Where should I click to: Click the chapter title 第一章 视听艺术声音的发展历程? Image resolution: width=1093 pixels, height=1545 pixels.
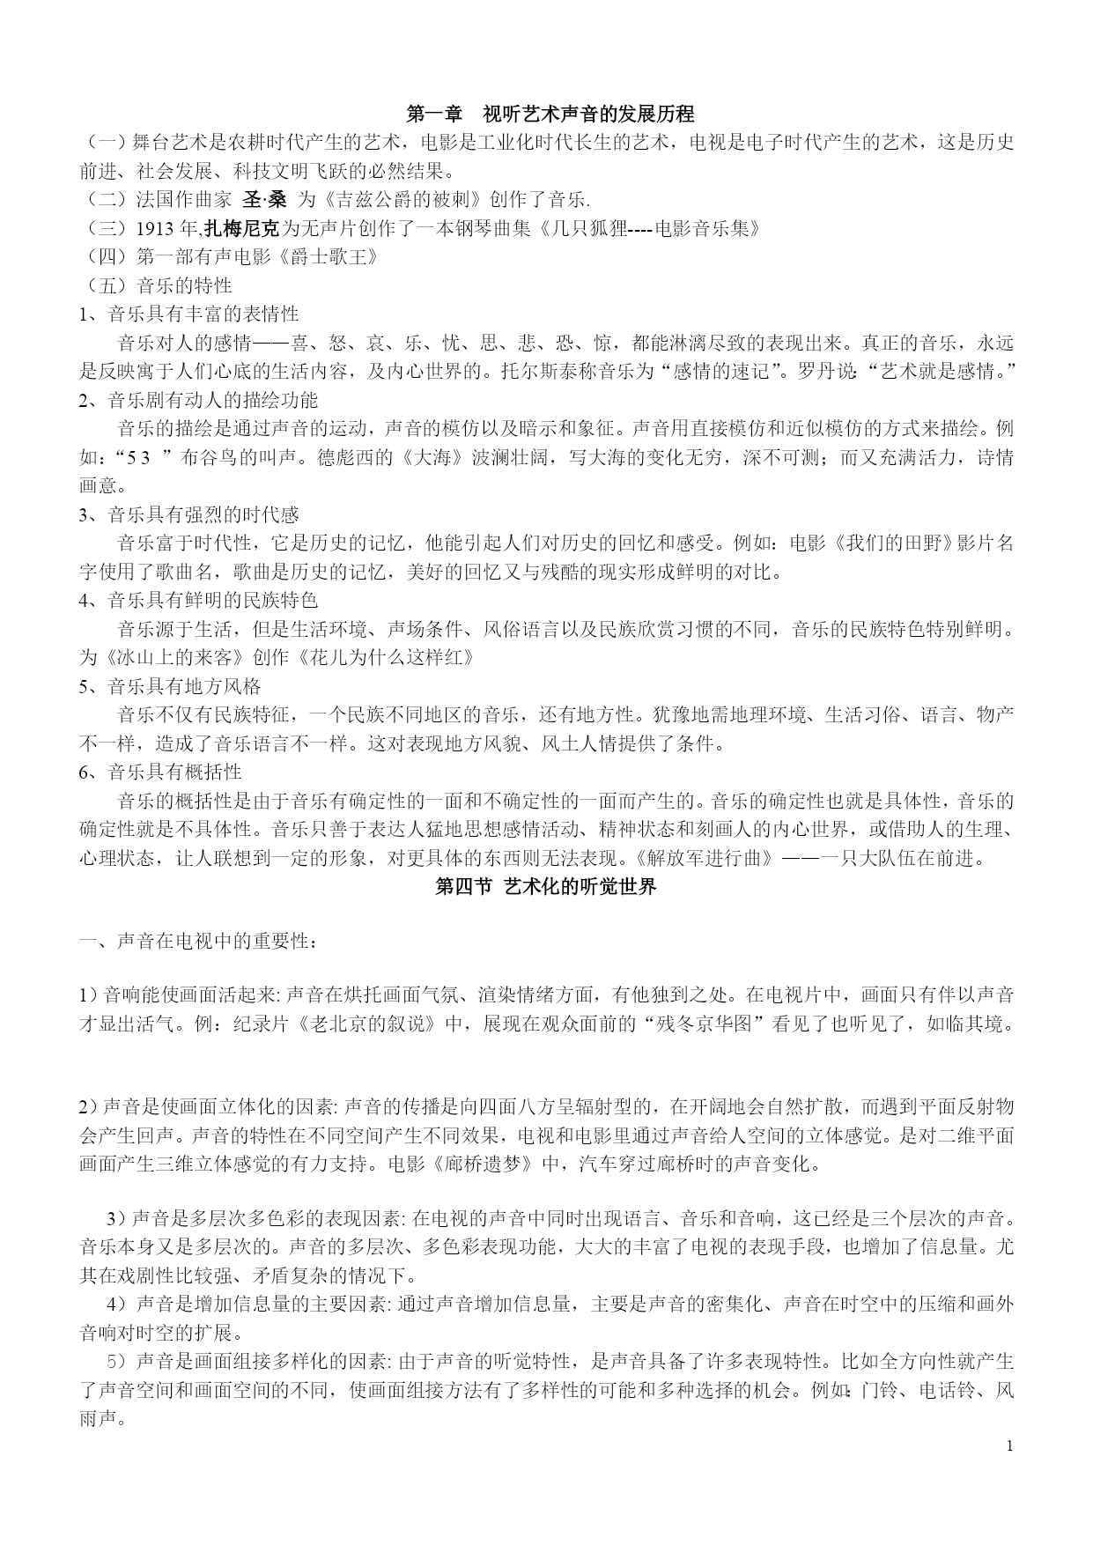coord(550,114)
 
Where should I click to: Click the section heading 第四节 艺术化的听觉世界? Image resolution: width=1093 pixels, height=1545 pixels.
coord(546,887)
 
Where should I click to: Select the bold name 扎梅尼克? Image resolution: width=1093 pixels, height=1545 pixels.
coord(241,229)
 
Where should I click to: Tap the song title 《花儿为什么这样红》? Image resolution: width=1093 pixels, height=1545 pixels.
coord(390,658)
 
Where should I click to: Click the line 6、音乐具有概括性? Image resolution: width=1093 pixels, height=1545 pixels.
coord(160,772)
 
